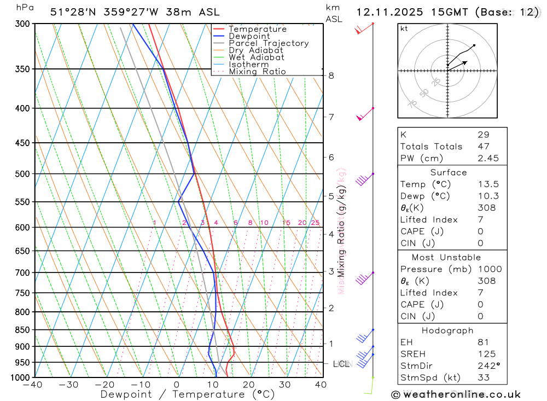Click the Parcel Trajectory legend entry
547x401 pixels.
[269, 43]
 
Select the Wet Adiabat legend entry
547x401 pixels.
[257, 57]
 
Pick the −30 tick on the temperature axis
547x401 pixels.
[69, 385]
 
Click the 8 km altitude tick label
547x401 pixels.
[331, 75]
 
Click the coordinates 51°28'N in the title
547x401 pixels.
[71, 12]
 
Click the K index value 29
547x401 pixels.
[483, 135]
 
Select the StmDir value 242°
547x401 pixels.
[487, 366]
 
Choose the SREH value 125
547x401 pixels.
[484, 354]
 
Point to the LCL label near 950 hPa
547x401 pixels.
[341, 364]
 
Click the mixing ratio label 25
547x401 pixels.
[315, 223]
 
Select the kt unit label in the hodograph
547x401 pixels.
[404, 28]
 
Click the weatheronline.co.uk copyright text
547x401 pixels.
[456, 394]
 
